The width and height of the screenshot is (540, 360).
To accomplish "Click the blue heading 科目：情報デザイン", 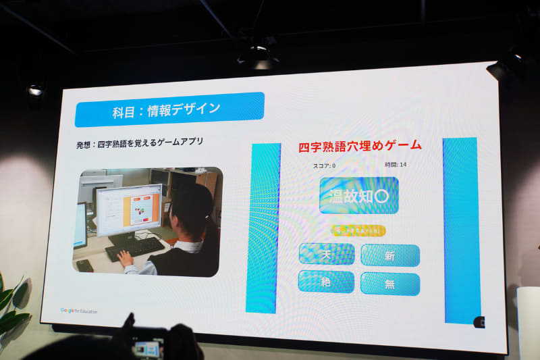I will tap(169, 109).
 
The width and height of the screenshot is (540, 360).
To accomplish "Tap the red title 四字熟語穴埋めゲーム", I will tap(360, 145).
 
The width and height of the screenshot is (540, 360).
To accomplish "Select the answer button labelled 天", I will tap(327, 254).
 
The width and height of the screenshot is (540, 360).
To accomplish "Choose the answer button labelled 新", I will tap(389, 255).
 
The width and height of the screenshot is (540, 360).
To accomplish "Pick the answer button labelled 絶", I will tap(326, 282).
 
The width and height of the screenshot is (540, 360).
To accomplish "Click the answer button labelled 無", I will tap(389, 284).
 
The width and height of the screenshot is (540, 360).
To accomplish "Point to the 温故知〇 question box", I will tap(358, 196).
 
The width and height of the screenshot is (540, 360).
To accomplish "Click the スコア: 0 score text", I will tap(325, 165).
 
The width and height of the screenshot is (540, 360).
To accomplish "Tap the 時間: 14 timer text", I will tap(396, 165).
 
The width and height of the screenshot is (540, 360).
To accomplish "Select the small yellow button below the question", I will tap(358, 230).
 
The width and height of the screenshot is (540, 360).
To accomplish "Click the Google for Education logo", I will tap(79, 311).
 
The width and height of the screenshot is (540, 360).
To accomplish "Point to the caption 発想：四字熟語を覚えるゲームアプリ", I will tap(140, 143).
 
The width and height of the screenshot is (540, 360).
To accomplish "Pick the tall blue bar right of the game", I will tap(461, 230).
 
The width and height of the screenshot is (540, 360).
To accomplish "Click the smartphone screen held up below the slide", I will tap(147, 349).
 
